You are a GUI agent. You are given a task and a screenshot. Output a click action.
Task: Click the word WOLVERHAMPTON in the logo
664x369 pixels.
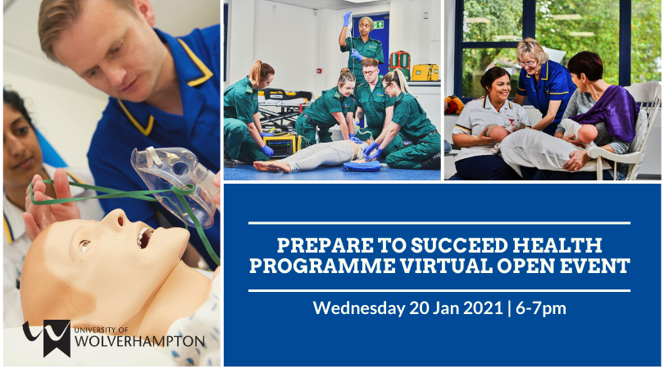point(139,341)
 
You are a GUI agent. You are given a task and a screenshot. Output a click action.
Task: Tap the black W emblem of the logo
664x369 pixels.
point(48,337)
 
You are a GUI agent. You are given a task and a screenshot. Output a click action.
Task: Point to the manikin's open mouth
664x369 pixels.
point(144,237)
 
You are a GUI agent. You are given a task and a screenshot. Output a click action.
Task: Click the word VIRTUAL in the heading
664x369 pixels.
point(443,266)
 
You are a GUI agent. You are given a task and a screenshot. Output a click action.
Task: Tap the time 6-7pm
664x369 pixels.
point(541,308)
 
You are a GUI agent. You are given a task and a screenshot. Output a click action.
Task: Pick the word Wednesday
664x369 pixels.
point(359,308)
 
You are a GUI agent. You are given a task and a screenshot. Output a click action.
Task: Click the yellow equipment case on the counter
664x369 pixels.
point(425,72)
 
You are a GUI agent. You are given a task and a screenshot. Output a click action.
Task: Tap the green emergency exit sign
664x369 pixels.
point(378,25)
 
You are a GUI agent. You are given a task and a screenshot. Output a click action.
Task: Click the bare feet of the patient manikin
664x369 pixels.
point(271,165)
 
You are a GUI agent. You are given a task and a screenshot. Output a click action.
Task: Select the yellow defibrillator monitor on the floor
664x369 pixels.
point(280,145)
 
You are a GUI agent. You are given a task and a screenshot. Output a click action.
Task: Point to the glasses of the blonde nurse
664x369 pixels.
point(528,63)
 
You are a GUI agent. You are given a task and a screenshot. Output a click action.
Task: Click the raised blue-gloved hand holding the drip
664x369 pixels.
point(348,19)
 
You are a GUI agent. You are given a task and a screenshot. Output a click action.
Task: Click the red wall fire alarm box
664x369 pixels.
point(320,71)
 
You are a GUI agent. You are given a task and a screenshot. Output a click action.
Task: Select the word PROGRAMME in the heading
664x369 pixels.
point(322,266)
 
